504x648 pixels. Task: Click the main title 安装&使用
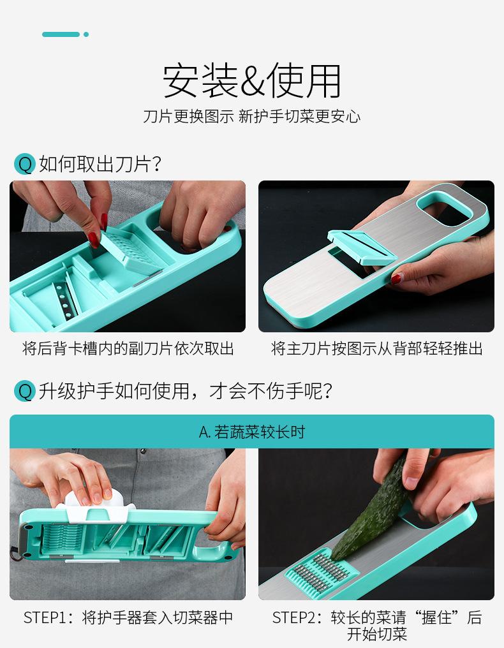pos(252,80)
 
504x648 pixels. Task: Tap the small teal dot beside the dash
pos(86,34)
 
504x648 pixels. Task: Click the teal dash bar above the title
pos(61,34)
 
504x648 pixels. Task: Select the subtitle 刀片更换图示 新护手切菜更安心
pos(252,117)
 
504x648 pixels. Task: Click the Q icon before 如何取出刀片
pos(24,164)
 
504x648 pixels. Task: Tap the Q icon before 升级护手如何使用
pos(24,391)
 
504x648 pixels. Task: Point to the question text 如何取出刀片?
pos(100,164)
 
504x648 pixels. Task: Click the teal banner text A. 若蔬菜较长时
pos(252,432)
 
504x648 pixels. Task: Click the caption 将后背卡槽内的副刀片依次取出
pos(128,348)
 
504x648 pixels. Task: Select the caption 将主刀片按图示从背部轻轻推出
pos(376,348)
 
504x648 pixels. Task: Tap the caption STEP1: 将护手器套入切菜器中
pos(128,617)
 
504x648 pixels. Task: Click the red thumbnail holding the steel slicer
pos(397,278)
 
